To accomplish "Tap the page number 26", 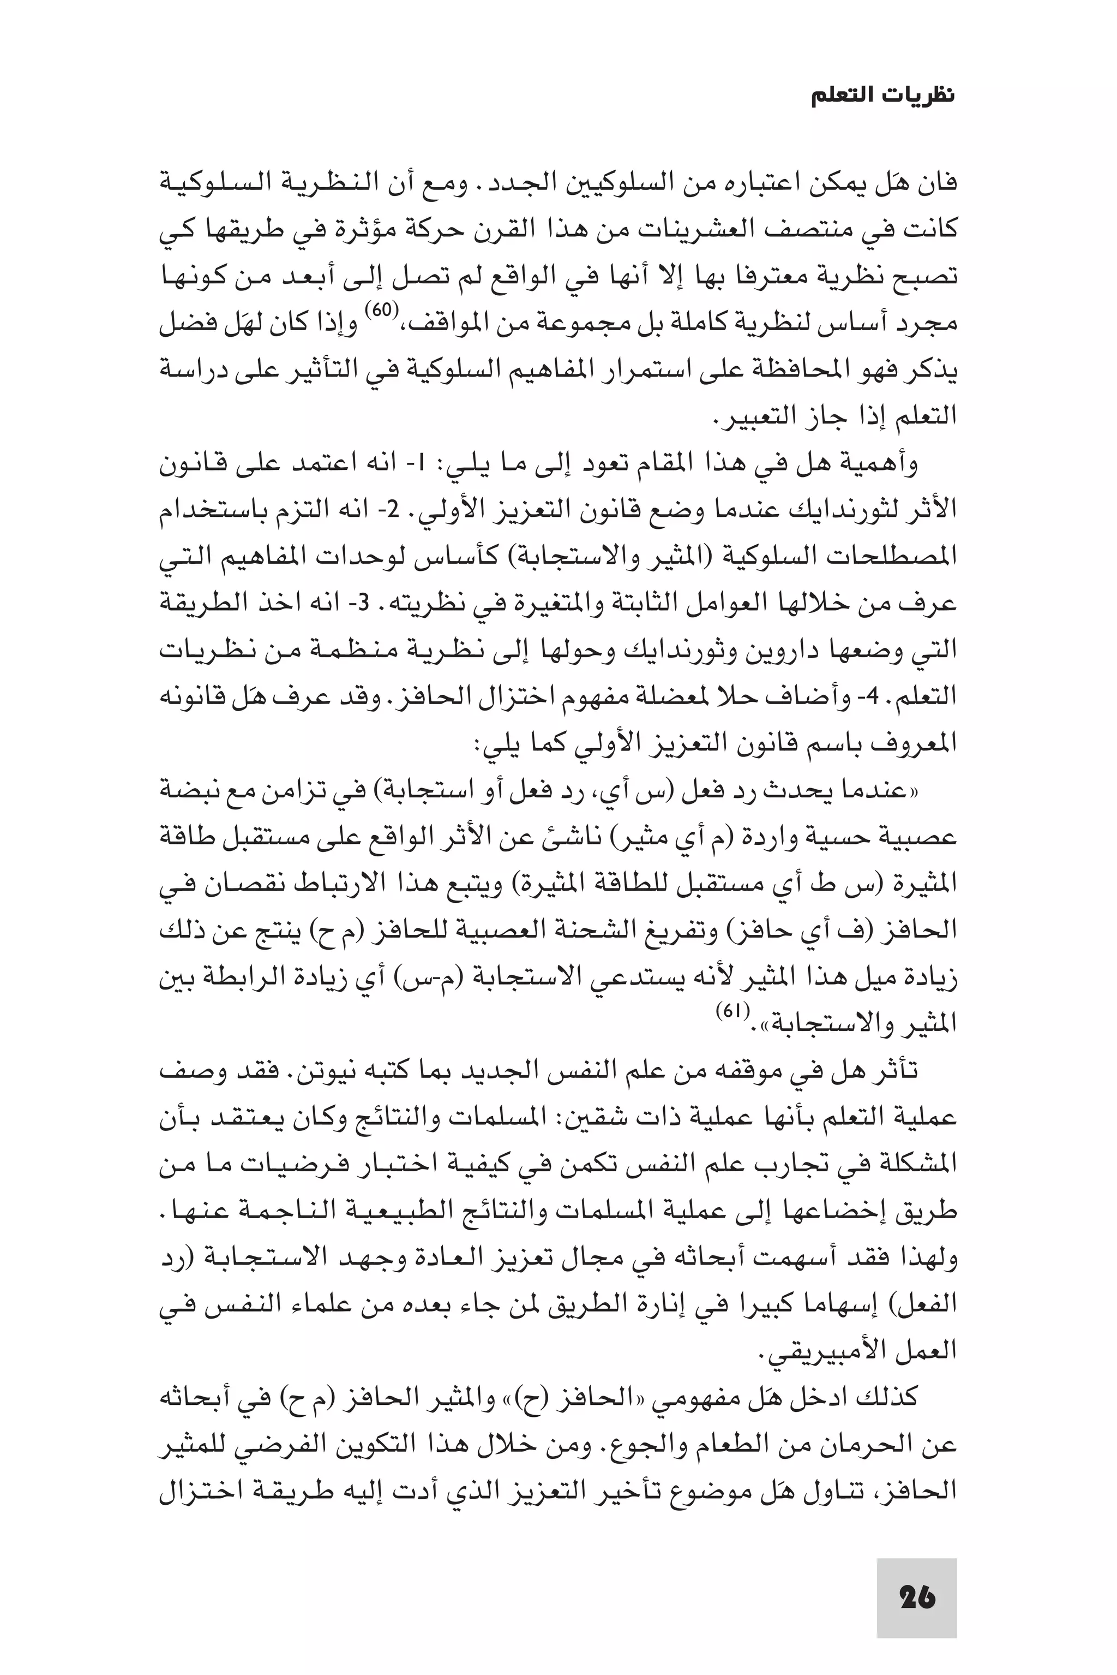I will pyautogui.click(x=917, y=1597).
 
